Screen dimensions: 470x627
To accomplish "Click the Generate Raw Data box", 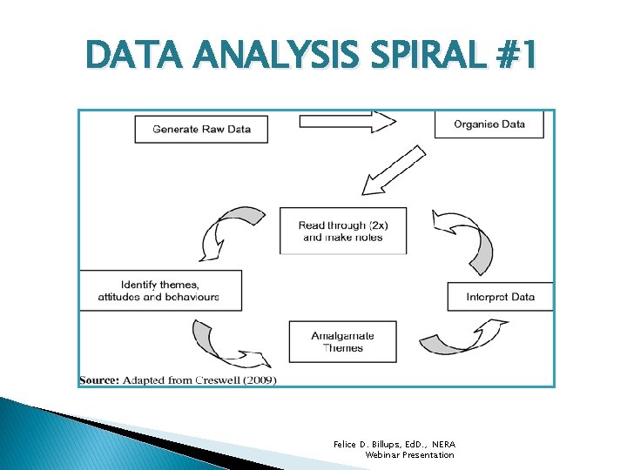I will point(201,129).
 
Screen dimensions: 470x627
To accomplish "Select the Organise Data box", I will point(489,124).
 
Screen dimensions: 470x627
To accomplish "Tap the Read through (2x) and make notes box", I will point(342,231).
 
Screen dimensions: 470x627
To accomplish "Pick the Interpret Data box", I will point(500,297).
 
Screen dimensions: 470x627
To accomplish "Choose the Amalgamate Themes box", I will point(342,342).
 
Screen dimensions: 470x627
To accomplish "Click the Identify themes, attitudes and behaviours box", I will point(160,291).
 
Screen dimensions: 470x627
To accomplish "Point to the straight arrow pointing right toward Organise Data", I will point(347,122).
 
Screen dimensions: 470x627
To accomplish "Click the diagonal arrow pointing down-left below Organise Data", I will point(394,171).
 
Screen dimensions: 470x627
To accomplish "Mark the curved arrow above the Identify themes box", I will point(222,231).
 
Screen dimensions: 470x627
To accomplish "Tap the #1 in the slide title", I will point(515,57).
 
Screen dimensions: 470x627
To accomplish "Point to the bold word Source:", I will point(99,380).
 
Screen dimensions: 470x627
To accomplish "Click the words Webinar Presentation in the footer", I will point(409,455).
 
